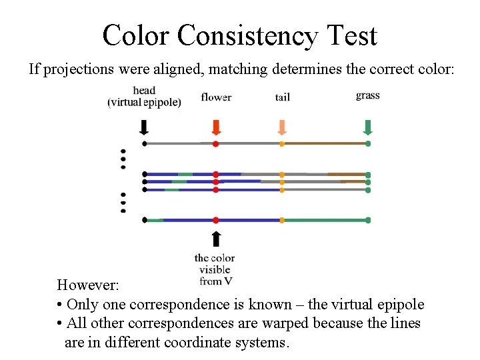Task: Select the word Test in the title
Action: click(351, 35)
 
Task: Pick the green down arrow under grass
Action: click(367, 127)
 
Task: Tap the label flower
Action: click(216, 97)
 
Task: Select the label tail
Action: click(282, 97)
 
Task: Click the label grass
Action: click(367, 95)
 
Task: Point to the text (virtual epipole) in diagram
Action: click(144, 103)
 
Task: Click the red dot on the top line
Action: click(215, 143)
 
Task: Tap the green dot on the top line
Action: click(367, 143)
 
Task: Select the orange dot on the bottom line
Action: click(282, 219)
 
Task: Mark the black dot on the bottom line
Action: click(144, 219)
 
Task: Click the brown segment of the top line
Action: click(325, 143)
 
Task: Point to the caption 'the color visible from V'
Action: click(214, 269)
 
